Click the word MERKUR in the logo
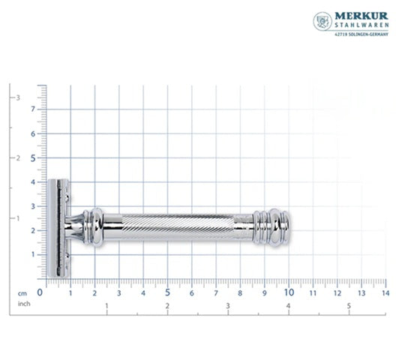(358, 16)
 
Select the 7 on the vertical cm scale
(32, 109)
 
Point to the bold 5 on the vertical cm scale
(32, 157)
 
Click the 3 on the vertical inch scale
(19, 97)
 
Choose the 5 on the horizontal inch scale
(349, 306)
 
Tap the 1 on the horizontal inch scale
(106, 306)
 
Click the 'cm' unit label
(23, 293)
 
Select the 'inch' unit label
(23, 304)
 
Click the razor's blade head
(57, 228)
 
